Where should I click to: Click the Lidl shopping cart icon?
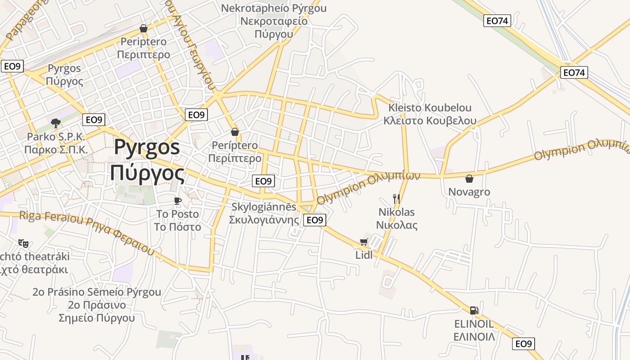tap(364, 242)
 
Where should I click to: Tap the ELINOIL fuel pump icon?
tap(474, 310)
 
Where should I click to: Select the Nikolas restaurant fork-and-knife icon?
tap(396, 198)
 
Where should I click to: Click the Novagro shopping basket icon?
tap(469, 179)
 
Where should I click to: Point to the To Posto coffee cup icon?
tap(178, 201)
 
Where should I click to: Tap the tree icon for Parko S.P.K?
tap(56, 123)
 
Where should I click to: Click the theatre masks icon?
tap(23, 243)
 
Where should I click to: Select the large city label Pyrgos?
tap(147, 161)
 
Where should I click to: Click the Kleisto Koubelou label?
tap(430, 114)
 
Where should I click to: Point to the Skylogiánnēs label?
tap(264, 213)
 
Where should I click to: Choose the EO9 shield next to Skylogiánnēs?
tap(315, 220)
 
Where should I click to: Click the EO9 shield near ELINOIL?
tap(523, 344)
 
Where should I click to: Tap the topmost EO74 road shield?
tap(497, 20)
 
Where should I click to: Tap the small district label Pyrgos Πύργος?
tap(65, 75)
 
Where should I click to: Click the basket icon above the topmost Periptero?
tap(144, 28)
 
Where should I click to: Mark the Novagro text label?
tap(469, 192)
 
